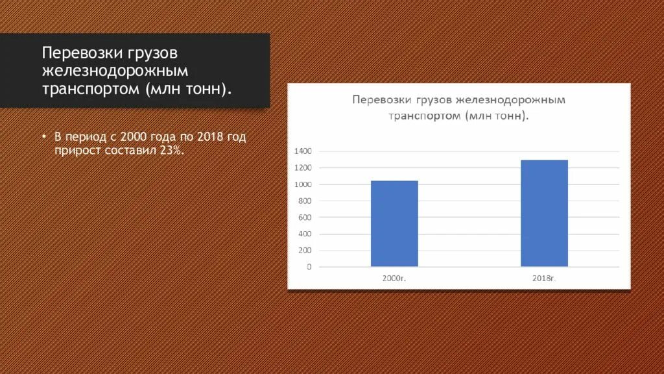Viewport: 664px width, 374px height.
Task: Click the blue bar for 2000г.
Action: point(394,223)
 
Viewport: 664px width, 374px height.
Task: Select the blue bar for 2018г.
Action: point(544,213)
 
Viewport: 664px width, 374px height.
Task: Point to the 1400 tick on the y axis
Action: point(303,151)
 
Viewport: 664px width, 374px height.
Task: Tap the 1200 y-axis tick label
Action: point(303,168)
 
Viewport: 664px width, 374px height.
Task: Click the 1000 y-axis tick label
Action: point(303,184)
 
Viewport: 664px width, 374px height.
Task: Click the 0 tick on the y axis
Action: point(309,267)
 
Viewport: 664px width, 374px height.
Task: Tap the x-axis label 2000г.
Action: point(394,278)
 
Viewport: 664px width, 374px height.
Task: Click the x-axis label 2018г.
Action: point(544,278)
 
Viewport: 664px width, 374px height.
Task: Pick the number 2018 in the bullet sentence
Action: point(207,138)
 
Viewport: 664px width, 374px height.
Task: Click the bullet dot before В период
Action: point(45,138)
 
